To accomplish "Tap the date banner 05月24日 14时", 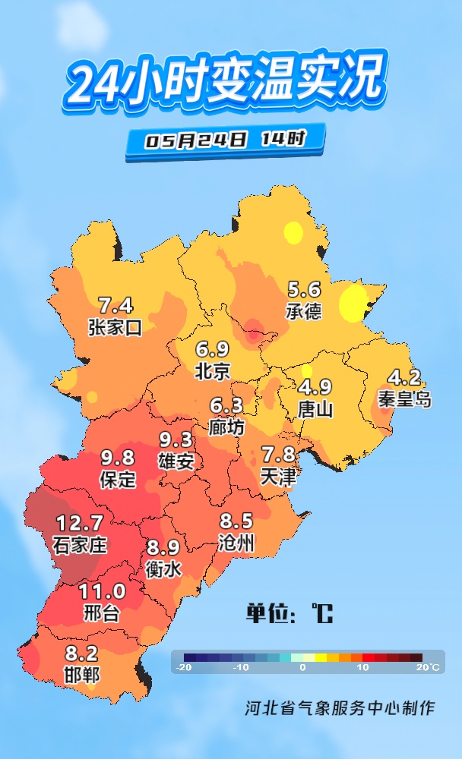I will tap(226, 140).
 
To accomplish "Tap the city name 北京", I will tap(212, 371).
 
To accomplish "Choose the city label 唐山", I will tap(315, 409).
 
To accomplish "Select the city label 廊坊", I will tap(226, 427).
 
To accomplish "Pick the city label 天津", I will tap(278, 476).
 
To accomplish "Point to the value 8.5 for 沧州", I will tap(236, 522).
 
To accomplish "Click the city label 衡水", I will tap(163, 568).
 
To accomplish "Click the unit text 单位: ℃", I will tap(289, 613).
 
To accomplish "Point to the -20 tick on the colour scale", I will tap(183, 667).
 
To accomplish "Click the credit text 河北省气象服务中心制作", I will tap(340, 708).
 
